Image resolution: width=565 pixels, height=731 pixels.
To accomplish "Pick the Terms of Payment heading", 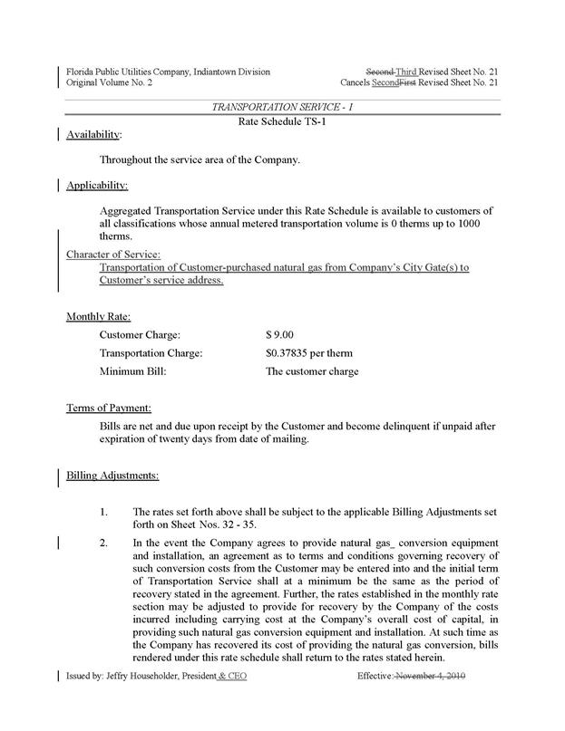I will click(108, 409).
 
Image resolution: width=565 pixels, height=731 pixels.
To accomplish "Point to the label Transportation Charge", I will click(151, 352).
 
